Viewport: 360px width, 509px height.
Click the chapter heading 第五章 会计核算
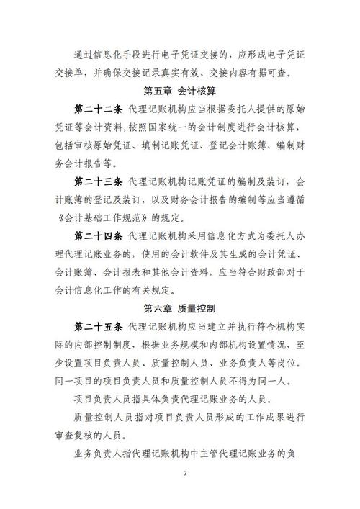click(180, 91)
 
